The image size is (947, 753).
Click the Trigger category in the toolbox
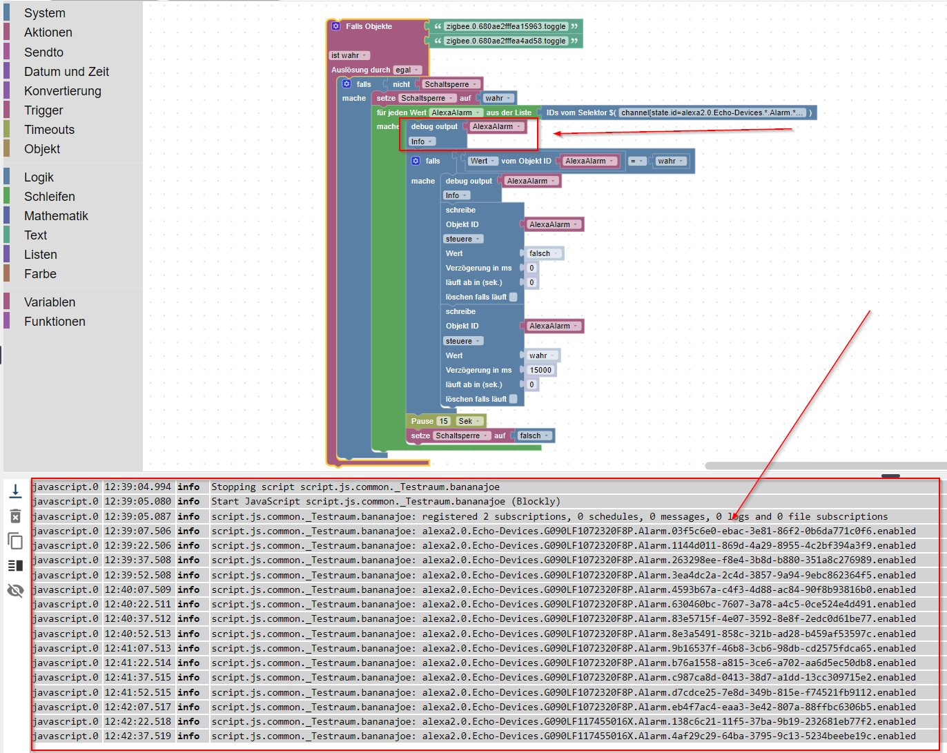(x=43, y=110)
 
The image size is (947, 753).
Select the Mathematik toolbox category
(x=56, y=216)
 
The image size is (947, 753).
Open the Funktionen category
(x=55, y=322)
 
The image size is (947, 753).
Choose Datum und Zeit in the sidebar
(x=66, y=72)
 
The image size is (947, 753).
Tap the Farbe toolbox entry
(x=40, y=274)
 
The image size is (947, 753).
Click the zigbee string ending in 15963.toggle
(x=505, y=26)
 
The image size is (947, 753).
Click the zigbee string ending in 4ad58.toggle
(x=505, y=41)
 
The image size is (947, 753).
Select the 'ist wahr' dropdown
(x=349, y=55)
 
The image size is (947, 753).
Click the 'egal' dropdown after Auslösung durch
(x=407, y=70)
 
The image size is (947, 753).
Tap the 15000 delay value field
(x=540, y=370)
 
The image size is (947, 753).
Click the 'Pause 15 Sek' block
(x=422, y=421)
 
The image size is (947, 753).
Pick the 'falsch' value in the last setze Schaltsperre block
(x=534, y=436)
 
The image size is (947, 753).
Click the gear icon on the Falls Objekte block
(x=336, y=26)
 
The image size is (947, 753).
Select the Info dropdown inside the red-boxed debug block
(x=421, y=141)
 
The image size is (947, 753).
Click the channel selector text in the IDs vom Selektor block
(x=712, y=113)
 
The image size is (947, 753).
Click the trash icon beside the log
(x=15, y=516)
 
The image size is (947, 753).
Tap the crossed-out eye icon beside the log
(x=15, y=590)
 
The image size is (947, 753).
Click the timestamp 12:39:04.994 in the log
(x=138, y=487)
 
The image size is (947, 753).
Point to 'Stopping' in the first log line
(x=233, y=487)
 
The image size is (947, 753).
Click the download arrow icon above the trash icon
(x=15, y=491)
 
